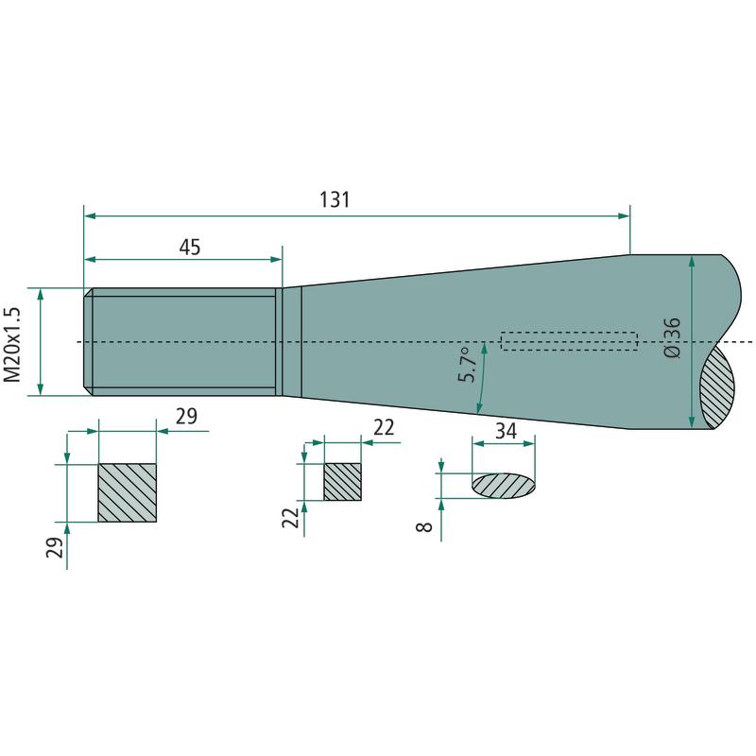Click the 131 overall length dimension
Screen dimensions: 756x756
pos(335,200)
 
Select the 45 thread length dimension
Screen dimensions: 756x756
pos(190,248)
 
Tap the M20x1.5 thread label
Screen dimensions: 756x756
pos(12,343)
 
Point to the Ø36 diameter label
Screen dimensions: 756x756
pos(673,337)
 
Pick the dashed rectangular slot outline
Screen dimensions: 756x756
pos(569,341)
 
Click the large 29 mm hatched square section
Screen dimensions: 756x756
pos(128,492)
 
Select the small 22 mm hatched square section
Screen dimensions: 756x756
pos(342,482)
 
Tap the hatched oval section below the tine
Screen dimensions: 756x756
pos(504,485)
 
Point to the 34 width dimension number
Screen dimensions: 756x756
pos(507,432)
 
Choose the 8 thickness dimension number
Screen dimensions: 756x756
pos(425,527)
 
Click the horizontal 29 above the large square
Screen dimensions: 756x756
pos(186,416)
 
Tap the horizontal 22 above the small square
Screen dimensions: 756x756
pos(383,427)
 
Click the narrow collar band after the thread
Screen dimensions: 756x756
pos(291,341)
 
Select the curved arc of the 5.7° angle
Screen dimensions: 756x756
pos(483,378)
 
